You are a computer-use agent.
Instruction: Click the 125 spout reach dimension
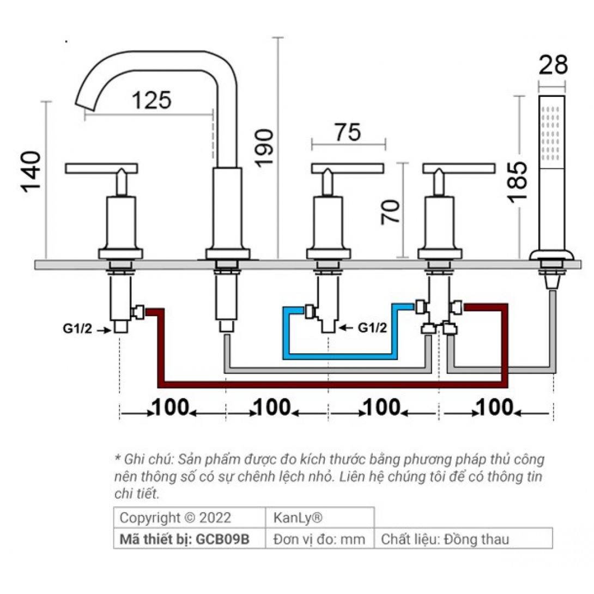(x=151, y=100)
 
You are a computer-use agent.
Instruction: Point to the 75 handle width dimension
(x=347, y=132)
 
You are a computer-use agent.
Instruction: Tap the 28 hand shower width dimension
(x=553, y=65)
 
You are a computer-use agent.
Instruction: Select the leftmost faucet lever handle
(x=101, y=169)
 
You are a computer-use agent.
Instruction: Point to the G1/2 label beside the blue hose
(x=372, y=328)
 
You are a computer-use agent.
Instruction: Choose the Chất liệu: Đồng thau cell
(x=445, y=540)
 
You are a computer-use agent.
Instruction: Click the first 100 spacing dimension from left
(x=171, y=407)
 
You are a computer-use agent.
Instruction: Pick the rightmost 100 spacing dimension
(x=494, y=407)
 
